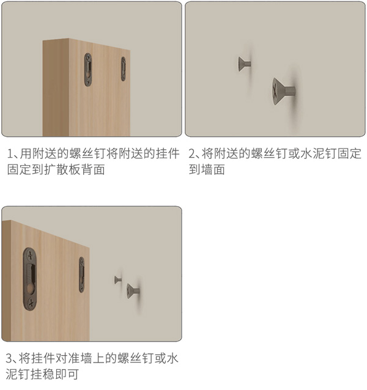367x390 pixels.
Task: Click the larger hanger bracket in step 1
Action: pos(88,70)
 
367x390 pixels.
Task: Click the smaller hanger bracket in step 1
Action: pos(123,69)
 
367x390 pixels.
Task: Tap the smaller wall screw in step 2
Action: pos(244,64)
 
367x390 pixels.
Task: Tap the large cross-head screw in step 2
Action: pos(284,91)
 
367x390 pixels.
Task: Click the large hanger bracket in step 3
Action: pos(30,279)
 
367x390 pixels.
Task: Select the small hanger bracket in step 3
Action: pos(81,274)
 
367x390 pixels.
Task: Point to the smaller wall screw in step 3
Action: pos(118,280)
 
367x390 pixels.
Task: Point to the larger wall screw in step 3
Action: pos(133,291)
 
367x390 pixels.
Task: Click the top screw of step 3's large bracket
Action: pos(31,256)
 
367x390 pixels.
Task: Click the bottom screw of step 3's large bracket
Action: pos(31,303)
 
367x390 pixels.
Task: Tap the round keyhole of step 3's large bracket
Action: pos(31,289)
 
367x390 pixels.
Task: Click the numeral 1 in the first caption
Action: pos(10,153)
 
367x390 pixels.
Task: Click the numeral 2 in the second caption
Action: pos(192,153)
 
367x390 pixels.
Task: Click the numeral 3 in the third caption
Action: pos(9,359)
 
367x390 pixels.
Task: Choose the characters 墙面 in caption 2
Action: pos(213,169)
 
